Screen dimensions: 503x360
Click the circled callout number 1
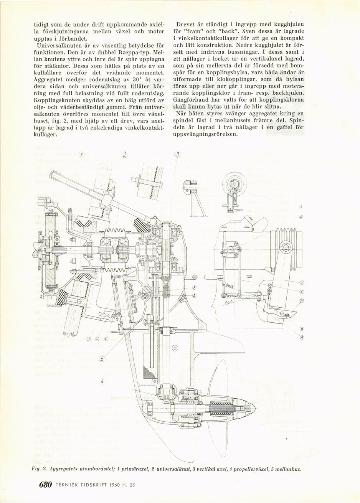81,155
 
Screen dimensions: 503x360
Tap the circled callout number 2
124,155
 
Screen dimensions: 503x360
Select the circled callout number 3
177,155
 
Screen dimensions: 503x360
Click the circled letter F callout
194,288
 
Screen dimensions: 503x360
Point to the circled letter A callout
302,337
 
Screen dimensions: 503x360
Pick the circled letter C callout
302,292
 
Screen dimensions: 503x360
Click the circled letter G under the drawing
106,339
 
